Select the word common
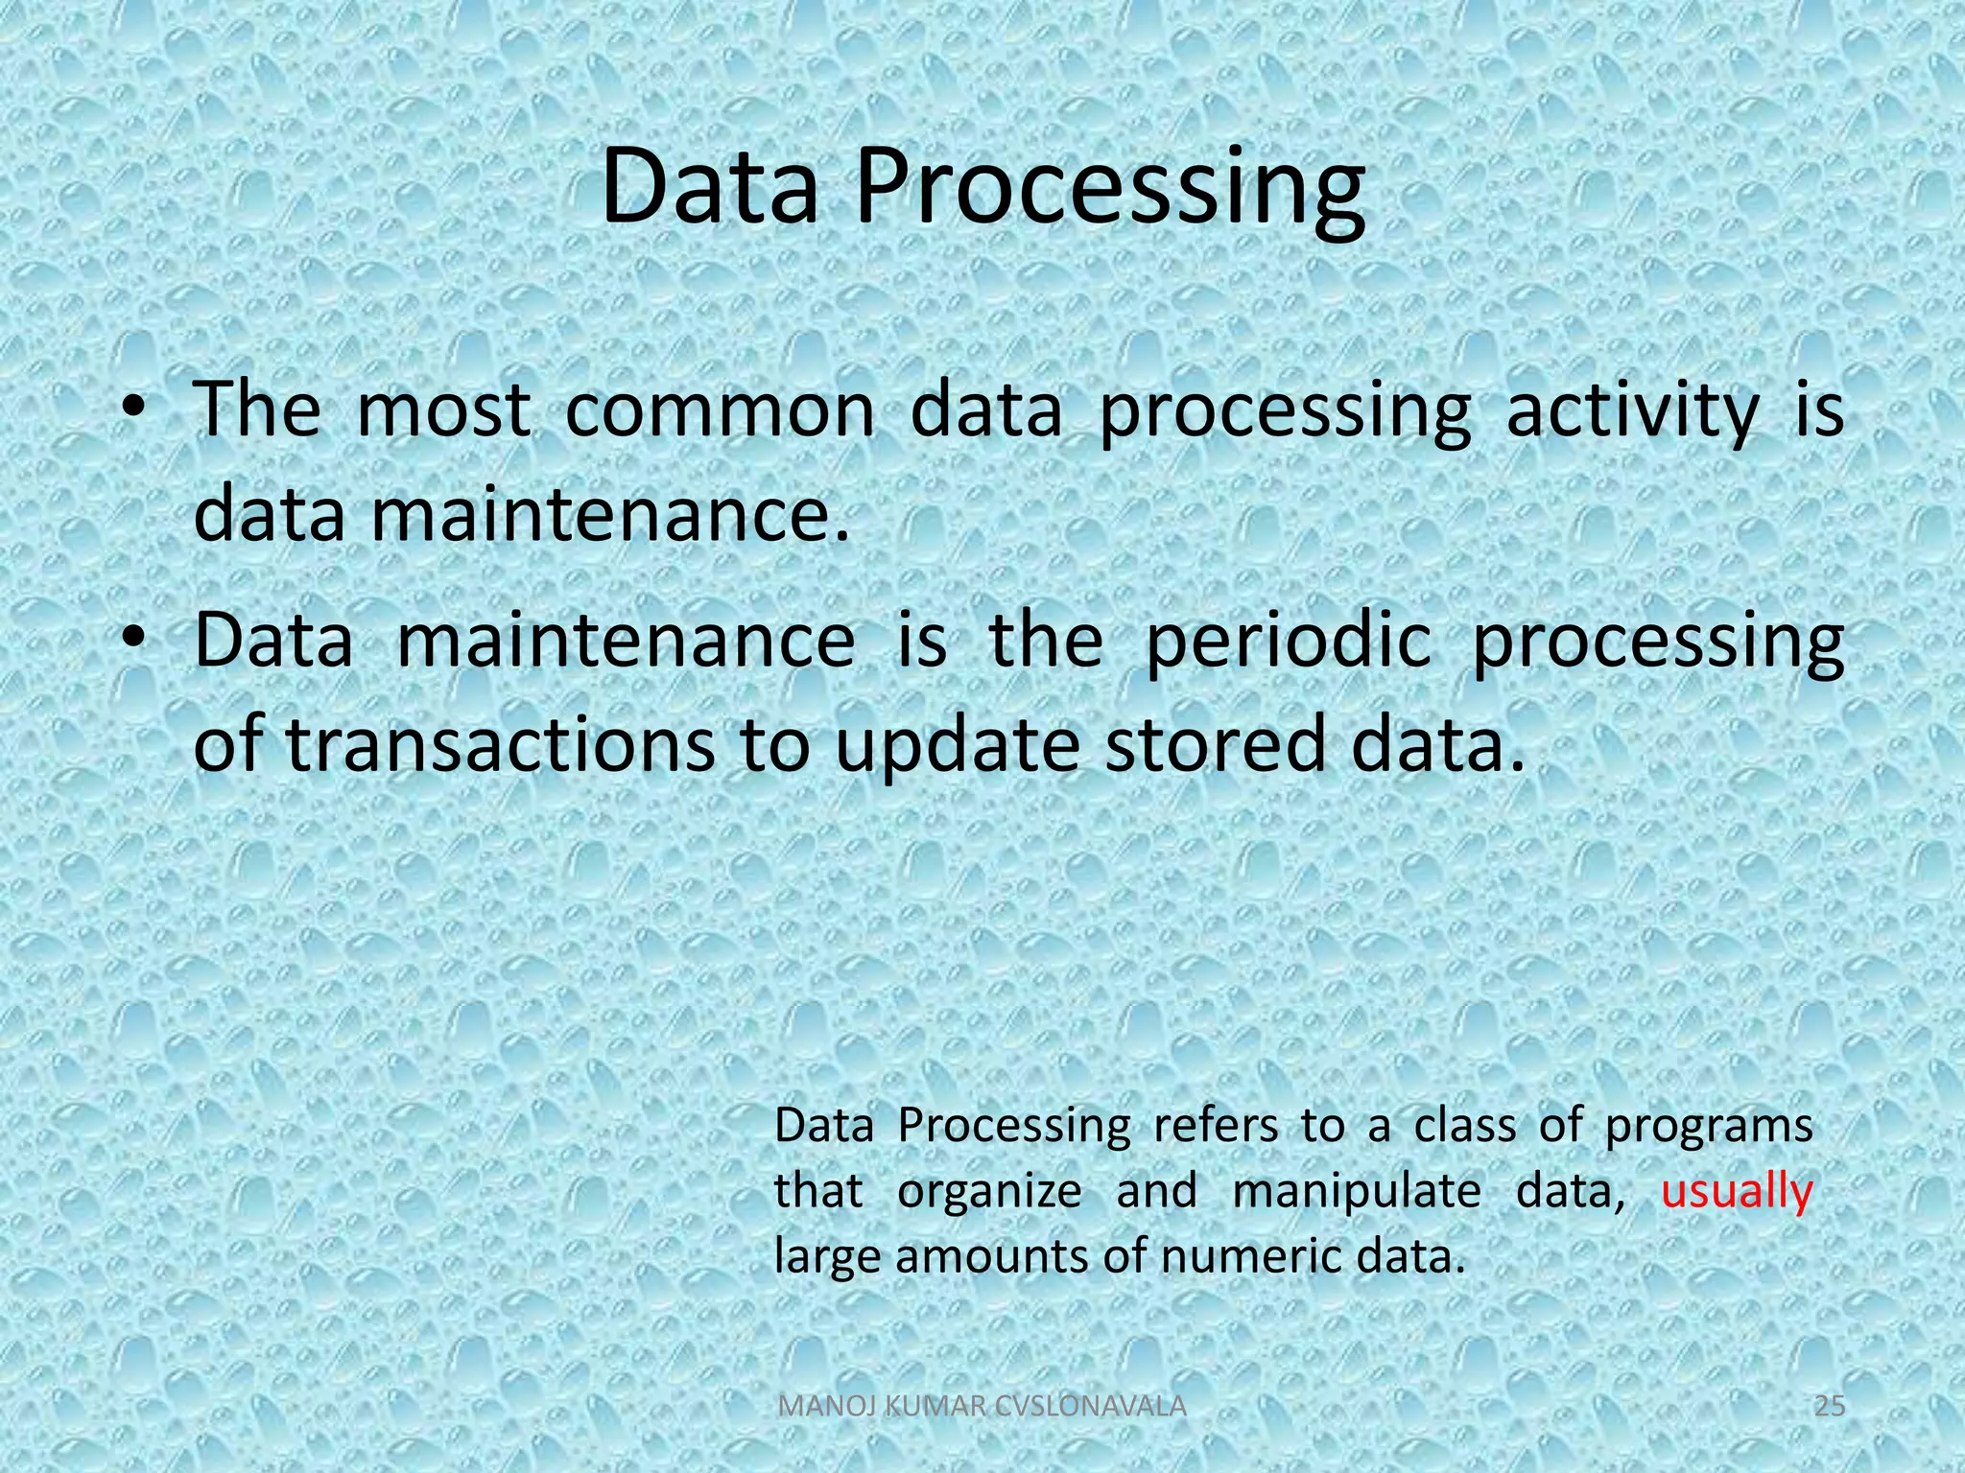point(720,410)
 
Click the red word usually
point(1736,1192)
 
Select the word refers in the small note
point(1215,1125)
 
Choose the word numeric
point(1251,1256)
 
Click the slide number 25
point(1830,1407)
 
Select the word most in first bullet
point(442,410)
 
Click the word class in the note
point(1464,1125)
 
